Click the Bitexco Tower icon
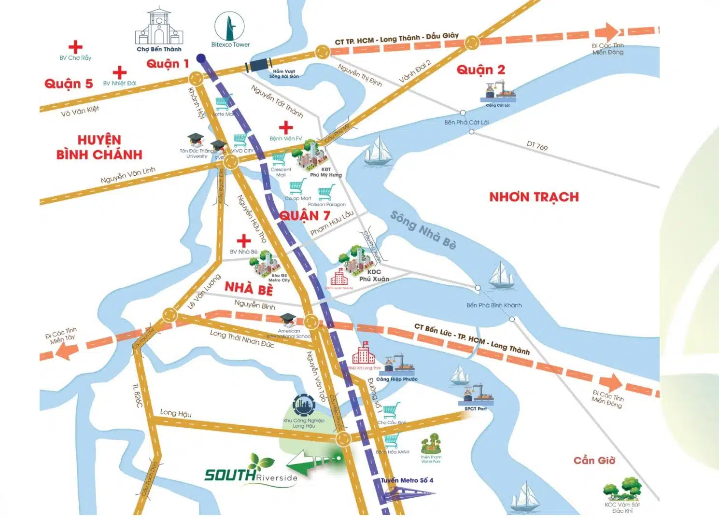point(229,27)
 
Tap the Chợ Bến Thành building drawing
point(159,28)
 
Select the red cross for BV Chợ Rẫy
point(75,47)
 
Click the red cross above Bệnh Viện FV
point(286,127)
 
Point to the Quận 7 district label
point(305,215)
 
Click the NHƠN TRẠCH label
point(534,197)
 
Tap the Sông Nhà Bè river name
point(423,230)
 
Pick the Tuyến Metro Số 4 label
point(407,480)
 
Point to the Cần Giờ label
point(594,461)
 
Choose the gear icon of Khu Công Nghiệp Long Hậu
point(303,405)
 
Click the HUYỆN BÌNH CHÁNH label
point(99,147)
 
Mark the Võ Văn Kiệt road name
point(80,111)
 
